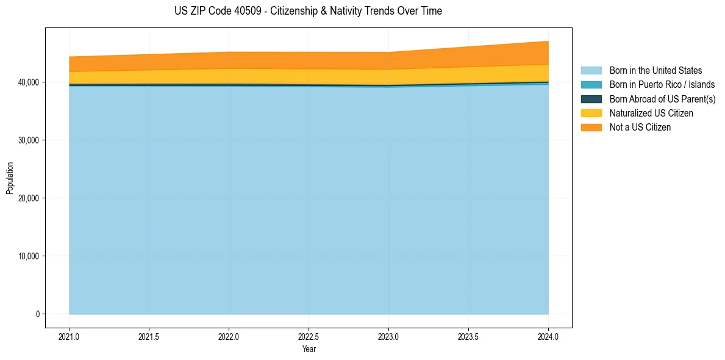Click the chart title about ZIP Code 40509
click(x=308, y=11)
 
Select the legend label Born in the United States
click(x=655, y=71)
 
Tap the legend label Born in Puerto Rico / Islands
click(x=662, y=85)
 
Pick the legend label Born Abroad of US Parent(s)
click(x=662, y=99)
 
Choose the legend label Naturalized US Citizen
click(x=651, y=113)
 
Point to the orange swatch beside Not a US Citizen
click(x=591, y=127)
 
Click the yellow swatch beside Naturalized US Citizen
click(x=591, y=113)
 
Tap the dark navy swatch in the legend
click(x=591, y=99)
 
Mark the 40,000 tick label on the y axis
click(x=28, y=82)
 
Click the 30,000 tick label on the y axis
click(x=28, y=140)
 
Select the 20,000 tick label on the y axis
click(x=28, y=198)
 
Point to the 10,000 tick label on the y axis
click(x=28, y=256)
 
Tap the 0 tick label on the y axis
click(x=37, y=314)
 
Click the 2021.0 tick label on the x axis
click(x=70, y=336)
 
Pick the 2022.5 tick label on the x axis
click(x=309, y=336)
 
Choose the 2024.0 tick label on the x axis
click(x=548, y=336)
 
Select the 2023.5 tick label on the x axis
click(x=468, y=336)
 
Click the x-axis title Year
click(x=309, y=349)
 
